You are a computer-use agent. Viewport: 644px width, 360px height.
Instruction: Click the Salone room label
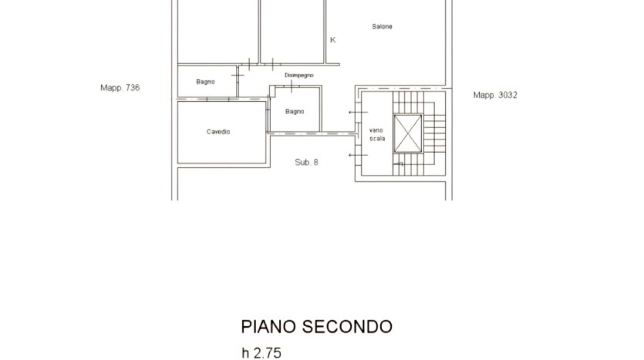tap(382, 26)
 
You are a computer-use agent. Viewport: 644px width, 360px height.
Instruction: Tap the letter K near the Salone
tap(332, 40)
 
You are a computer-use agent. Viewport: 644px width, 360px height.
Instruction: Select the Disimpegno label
tap(299, 75)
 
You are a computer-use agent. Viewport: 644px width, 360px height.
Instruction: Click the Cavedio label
tap(218, 132)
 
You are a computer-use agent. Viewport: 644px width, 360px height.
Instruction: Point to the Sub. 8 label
tap(306, 162)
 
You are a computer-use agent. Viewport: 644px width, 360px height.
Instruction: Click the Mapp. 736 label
tap(120, 87)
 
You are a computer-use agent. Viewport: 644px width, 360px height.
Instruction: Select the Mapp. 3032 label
tap(495, 95)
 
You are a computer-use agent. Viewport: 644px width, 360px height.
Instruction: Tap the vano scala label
tap(377, 134)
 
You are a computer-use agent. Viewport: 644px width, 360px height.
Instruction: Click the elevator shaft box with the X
tap(408, 133)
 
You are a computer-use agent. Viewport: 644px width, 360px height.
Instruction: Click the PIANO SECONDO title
tap(316, 327)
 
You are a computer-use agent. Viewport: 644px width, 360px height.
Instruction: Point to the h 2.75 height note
tap(261, 353)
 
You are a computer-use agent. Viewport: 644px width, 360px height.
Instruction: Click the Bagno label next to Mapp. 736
tap(205, 82)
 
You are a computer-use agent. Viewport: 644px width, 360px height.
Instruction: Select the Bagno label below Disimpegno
tap(295, 111)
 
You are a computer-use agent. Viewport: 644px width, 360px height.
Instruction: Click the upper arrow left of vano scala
tap(358, 112)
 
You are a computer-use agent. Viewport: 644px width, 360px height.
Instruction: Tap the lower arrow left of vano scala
tap(358, 155)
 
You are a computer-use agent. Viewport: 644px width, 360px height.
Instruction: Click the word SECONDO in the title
tap(347, 327)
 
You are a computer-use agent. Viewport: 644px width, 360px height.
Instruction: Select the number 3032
tap(507, 95)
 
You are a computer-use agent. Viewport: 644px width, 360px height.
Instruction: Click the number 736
tap(133, 87)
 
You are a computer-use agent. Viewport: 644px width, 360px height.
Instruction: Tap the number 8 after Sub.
tap(315, 162)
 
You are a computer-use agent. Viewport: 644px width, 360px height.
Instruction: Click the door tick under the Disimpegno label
tap(292, 86)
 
